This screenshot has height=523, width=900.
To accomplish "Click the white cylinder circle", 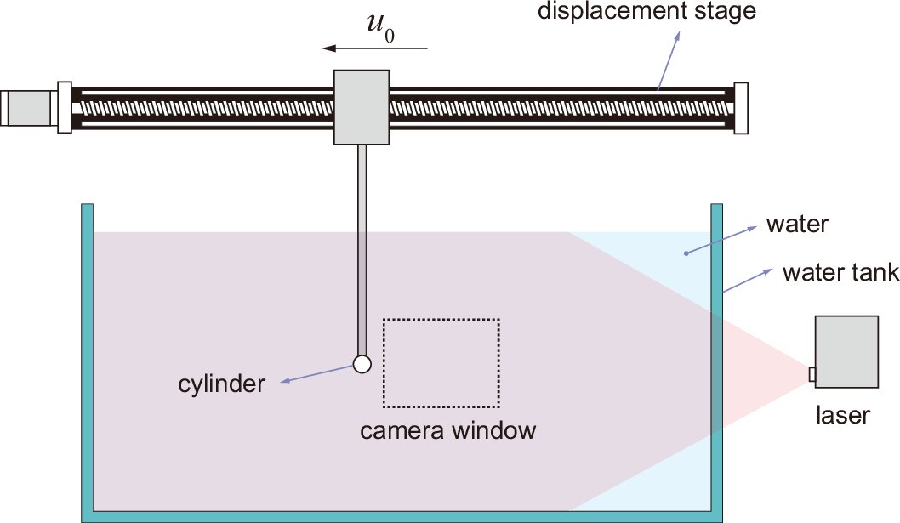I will click(x=362, y=364).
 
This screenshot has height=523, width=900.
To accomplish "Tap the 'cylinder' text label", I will click(x=220, y=384).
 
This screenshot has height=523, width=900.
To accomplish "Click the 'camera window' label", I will click(x=447, y=430).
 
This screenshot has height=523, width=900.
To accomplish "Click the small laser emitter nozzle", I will click(x=812, y=374).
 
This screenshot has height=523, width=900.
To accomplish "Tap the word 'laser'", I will click(x=842, y=415).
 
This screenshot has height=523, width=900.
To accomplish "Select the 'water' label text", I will click(x=797, y=225).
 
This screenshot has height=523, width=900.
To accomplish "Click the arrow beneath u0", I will click(x=379, y=50).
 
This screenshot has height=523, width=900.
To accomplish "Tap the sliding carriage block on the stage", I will click(x=362, y=107).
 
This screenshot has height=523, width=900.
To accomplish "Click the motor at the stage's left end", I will click(x=28, y=107).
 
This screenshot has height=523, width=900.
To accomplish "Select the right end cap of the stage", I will click(x=740, y=107).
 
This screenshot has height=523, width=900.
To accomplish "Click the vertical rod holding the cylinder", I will click(x=362, y=247).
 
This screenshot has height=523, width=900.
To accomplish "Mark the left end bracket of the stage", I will click(x=64, y=107).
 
